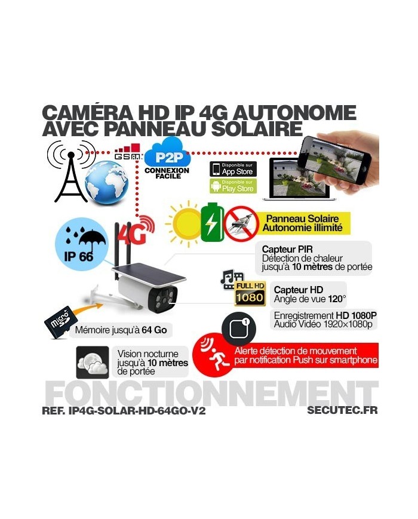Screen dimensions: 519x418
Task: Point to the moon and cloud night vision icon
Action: pyautogui.click(x=93, y=362)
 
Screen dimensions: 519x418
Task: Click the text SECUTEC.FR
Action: pyautogui.click(x=342, y=410)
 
